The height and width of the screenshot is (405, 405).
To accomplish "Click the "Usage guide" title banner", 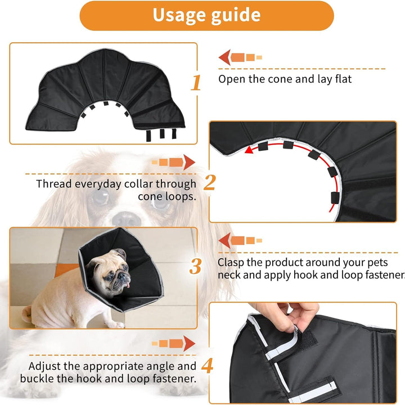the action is click(x=206, y=16).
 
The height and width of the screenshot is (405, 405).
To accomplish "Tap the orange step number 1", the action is click(x=196, y=83).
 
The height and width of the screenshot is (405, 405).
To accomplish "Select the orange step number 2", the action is click(x=209, y=182).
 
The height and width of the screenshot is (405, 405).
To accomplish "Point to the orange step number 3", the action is click(x=195, y=266).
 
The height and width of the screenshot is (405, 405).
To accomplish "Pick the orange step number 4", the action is click(x=208, y=365).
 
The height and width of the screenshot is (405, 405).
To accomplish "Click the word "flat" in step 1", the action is click(x=343, y=79).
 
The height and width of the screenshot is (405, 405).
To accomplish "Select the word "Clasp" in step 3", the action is click(x=231, y=263).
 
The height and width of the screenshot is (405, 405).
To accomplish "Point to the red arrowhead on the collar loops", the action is click(x=249, y=150).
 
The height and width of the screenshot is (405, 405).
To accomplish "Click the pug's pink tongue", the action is click(x=127, y=285).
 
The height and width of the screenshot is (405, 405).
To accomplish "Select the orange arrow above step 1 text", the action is click(x=240, y=57).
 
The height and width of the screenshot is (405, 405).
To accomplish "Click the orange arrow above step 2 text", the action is click(x=174, y=163).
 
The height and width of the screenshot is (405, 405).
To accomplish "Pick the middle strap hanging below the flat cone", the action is click(x=162, y=133).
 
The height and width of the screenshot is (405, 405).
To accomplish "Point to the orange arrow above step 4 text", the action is click(x=174, y=344).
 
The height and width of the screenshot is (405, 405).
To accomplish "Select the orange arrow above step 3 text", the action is click(x=240, y=241).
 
